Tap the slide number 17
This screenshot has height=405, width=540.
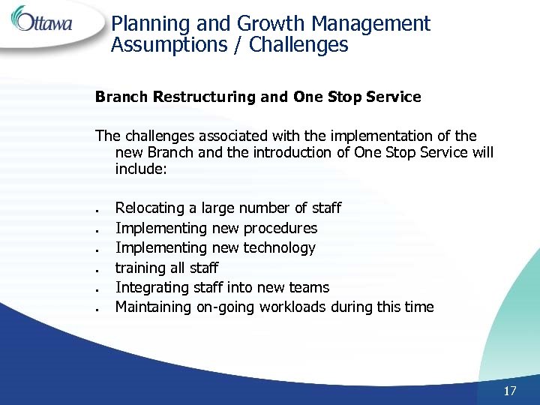510,391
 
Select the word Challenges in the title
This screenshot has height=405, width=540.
298,45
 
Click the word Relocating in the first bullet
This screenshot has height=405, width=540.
148,208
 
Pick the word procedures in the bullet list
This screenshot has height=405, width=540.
280,228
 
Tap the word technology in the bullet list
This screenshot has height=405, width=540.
279,247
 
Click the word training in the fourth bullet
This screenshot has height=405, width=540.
140,268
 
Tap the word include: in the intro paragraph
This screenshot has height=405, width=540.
140,169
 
